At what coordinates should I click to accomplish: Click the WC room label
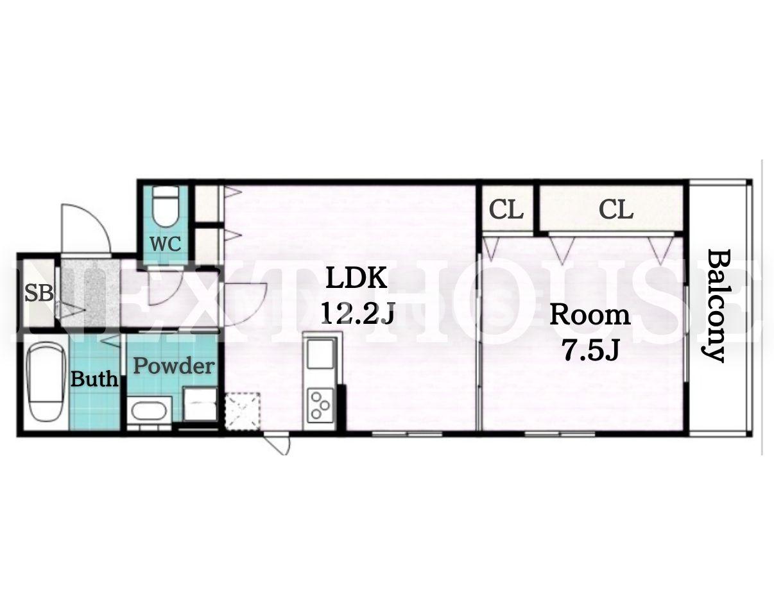point(165,244)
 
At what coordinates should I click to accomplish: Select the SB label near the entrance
point(39,293)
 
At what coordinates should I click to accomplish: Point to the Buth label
point(94,378)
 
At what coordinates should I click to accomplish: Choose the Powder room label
point(174,366)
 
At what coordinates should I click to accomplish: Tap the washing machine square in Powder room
point(200,404)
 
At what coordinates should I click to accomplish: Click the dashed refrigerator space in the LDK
point(242,411)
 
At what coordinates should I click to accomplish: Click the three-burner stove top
point(320,405)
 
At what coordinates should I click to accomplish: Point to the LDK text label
point(356,278)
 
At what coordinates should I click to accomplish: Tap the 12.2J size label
point(358,313)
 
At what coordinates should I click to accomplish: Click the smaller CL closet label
point(506,210)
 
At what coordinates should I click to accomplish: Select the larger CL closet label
point(616,210)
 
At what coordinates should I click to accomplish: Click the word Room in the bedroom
point(590,316)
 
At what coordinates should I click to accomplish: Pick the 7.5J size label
point(590,350)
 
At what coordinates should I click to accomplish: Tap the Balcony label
point(714,305)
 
